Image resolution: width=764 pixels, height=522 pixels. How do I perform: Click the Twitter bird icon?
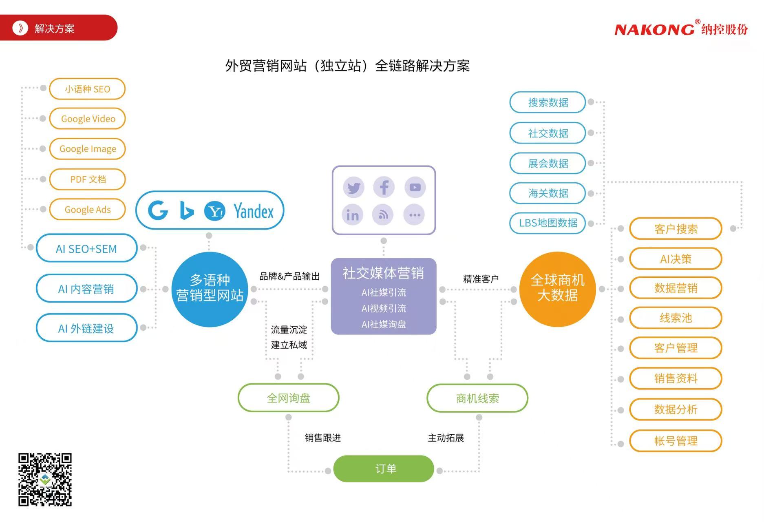[x=353, y=188]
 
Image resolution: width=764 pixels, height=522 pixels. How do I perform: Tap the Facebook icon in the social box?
[x=384, y=188]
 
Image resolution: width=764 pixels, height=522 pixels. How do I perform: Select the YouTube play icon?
[x=415, y=188]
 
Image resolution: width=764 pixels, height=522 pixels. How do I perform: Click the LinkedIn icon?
[x=353, y=215]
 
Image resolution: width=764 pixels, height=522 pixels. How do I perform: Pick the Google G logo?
[x=158, y=211]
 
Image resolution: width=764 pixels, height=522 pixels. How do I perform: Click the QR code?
[x=45, y=479]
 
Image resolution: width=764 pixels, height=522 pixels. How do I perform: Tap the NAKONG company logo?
[x=681, y=29]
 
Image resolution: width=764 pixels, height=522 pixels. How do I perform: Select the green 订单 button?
[x=384, y=469]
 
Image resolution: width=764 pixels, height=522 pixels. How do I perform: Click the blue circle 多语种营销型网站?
[x=210, y=289]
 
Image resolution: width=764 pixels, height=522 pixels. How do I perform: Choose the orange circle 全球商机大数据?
[x=557, y=289]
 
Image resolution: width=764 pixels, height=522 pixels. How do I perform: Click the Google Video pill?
[x=88, y=119]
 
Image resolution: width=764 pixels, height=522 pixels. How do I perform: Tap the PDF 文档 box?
[x=88, y=179]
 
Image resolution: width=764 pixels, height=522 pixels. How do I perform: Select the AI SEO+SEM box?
[x=86, y=248]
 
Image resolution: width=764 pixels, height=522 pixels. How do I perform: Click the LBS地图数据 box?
[x=548, y=223]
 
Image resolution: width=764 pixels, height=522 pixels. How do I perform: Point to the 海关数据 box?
[x=548, y=193]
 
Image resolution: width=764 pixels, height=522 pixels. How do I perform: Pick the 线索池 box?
[x=676, y=318]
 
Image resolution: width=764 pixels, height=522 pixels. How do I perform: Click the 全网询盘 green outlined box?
[x=288, y=398]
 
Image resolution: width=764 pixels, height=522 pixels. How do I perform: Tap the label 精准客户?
[x=481, y=279]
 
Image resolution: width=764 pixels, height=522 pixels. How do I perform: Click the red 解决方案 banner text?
[x=54, y=29]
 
